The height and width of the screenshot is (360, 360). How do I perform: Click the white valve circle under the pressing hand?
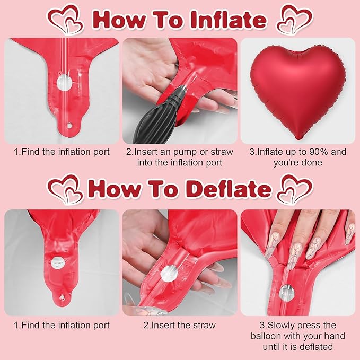click(x=286, y=291)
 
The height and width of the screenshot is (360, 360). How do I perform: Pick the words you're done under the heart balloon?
click(x=297, y=163)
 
